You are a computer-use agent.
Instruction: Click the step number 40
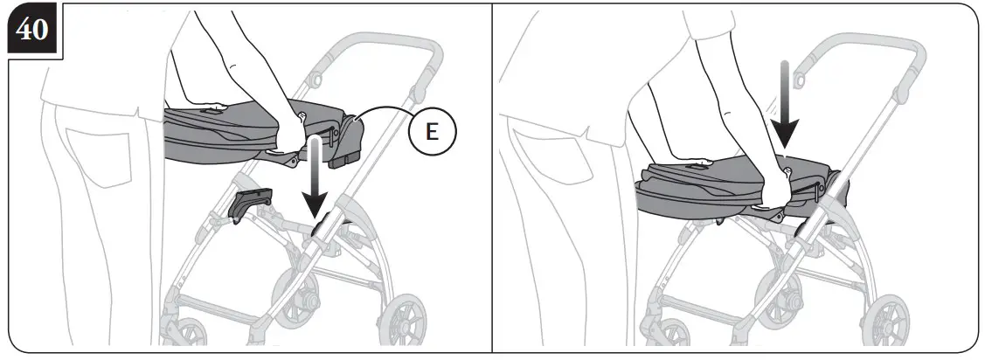33,31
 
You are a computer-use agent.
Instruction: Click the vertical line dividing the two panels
493,175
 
